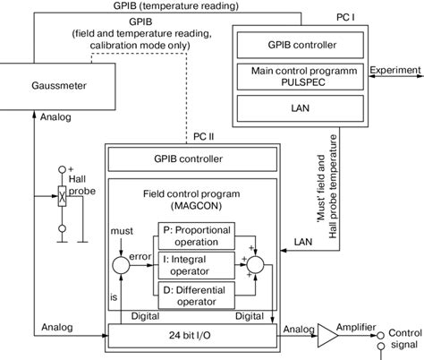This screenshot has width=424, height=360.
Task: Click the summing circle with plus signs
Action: pos(257,265)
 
